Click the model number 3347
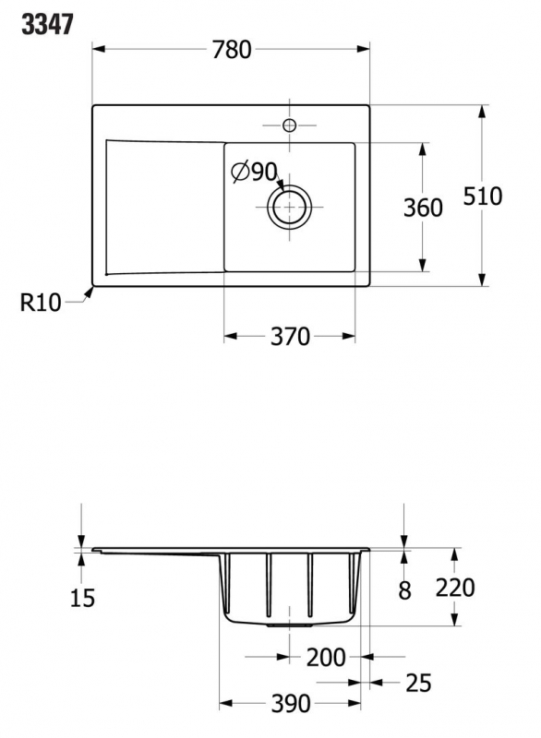pyautogui.click(x=48, y=25)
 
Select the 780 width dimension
pyautogui.click(x=232, y=50)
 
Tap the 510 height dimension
pyautogui.click(x=483, y=196)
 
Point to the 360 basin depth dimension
pyautogui.click(x=423, y=208)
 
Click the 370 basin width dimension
pyautogui.click(x=290, y=337)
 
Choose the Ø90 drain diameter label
pyautogui.click(x=254, y=172)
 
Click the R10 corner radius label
pyautogui.click(x=41, y=303)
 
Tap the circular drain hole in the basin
pyautogui.click(x=289, y=207)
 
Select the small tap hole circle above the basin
pyautogui.click(x=289, y=125)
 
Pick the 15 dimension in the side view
pyautogui.click(x=82, y=598)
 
